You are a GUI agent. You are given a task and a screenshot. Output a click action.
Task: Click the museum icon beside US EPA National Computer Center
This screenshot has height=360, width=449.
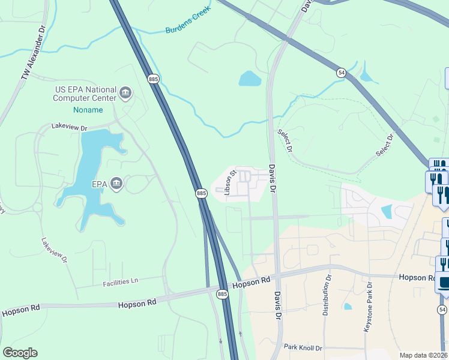[x=125, y=92]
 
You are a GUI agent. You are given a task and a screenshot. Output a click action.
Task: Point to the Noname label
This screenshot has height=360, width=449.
[x=88, y=110]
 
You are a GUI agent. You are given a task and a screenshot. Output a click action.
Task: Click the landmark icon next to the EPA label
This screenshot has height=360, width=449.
[x=116, y=184]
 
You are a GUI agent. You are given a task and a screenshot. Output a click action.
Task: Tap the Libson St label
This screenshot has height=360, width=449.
[x=231, y=182]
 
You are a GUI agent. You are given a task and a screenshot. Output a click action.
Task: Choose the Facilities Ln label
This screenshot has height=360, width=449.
[x=120, y=281]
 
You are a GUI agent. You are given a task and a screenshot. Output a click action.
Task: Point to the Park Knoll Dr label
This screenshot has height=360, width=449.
[x=303, y=347]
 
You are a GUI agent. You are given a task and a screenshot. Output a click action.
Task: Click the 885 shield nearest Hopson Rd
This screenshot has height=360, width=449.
[x=222, y=293]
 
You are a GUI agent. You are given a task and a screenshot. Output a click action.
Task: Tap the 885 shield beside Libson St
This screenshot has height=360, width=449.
[x=201, y=193]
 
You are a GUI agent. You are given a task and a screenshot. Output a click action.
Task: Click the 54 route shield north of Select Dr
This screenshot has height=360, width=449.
[x=341, y=72]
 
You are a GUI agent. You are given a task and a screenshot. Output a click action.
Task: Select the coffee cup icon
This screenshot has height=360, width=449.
[x=444, y=282]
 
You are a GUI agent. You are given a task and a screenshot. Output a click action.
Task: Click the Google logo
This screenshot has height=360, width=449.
[x=20, y=352]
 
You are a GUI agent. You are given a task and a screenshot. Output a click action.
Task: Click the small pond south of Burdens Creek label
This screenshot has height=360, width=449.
[x=249, y=79]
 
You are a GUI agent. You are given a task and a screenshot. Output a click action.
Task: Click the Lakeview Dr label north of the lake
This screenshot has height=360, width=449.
[x=69, y=127]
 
